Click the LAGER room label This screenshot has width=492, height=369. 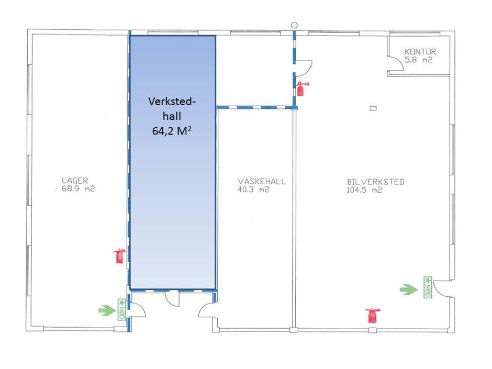75,181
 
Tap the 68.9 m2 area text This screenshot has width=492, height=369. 78,189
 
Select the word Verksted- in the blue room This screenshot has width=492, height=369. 172,102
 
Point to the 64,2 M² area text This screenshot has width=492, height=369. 172,130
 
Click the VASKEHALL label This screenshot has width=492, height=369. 262,182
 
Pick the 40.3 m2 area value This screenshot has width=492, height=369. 253,189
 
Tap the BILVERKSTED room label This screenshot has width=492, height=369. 376,182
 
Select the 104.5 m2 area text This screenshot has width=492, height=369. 364,190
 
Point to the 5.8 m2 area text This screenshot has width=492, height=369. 418,60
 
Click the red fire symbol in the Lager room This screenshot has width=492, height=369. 119,256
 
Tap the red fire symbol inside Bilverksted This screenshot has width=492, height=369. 373,315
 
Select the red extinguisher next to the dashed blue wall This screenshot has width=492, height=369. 301,88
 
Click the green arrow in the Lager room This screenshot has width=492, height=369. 107,310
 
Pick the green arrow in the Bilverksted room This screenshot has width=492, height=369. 409,289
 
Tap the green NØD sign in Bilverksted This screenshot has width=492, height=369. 428,287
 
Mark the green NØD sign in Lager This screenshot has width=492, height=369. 122,309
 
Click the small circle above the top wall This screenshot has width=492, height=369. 294,25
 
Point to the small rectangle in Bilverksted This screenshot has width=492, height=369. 373,108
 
